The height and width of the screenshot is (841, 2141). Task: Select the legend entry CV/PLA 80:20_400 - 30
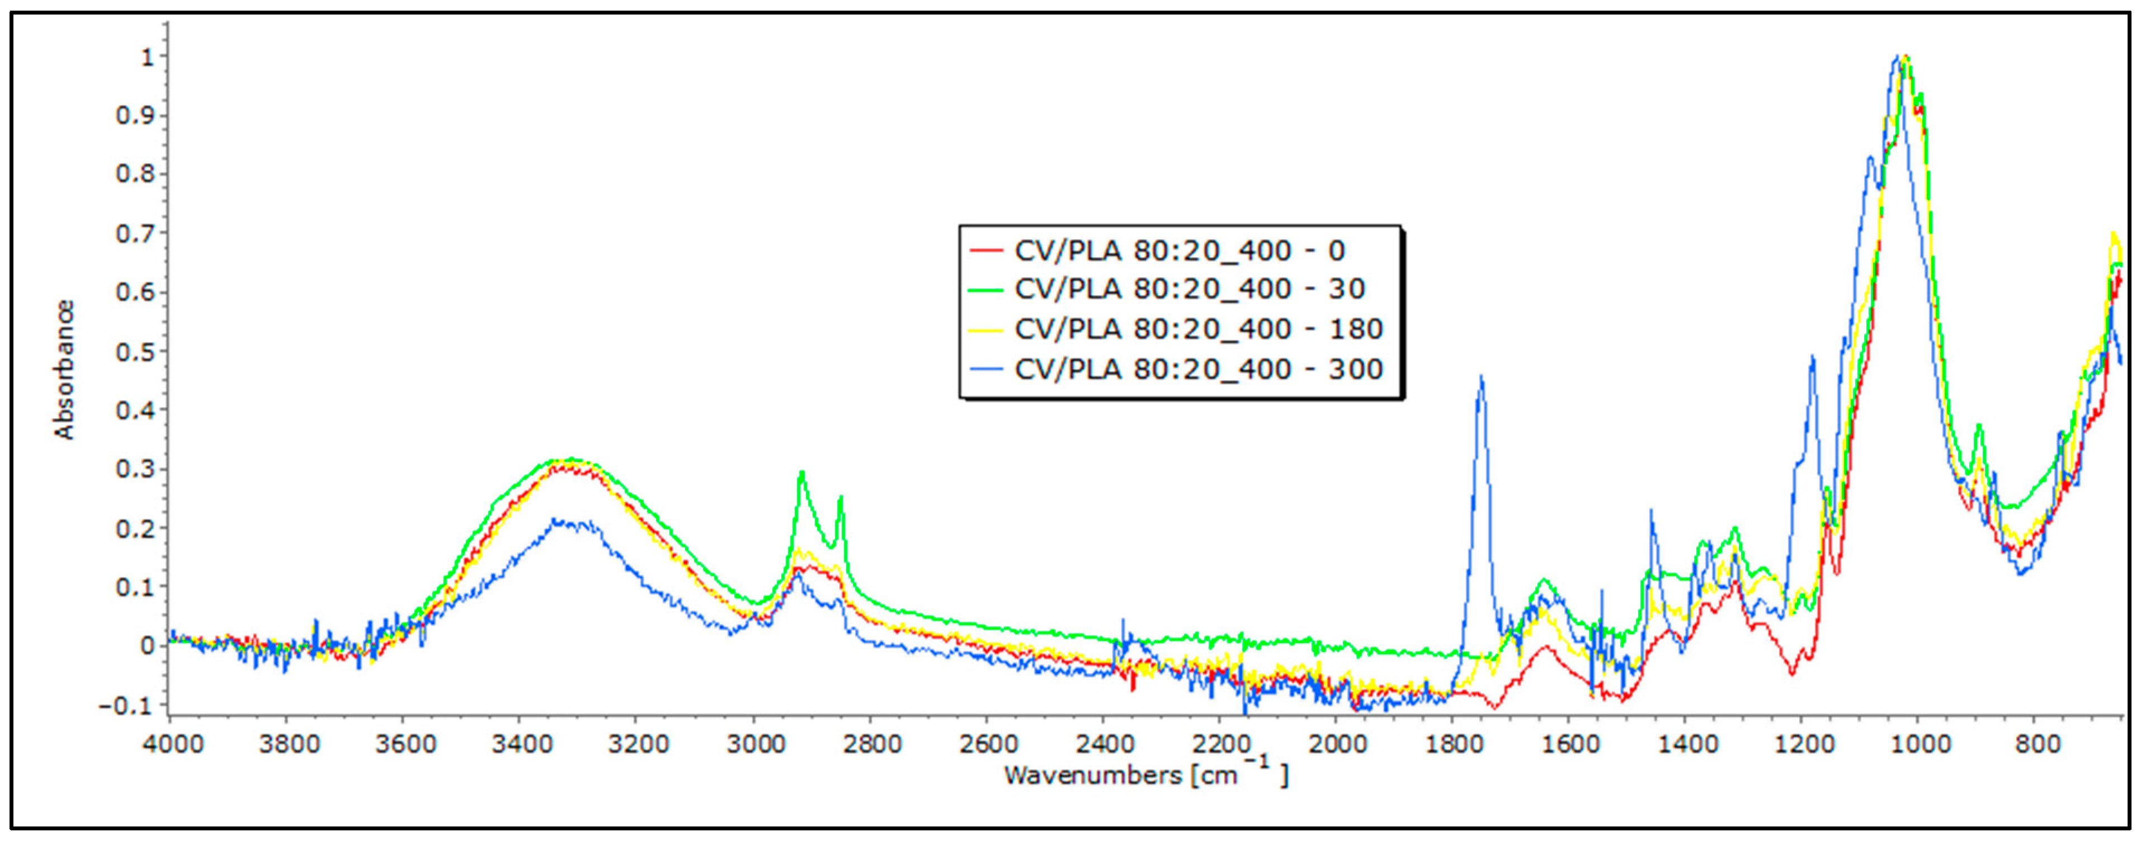tap(1189, 289)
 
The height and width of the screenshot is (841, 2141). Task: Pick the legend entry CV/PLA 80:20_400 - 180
tap(1197, 329)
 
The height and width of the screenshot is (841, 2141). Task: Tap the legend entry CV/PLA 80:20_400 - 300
tap(1197, 369)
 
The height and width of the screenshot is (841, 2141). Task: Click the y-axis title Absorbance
tap(64, 370)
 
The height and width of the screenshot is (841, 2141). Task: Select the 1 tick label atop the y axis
tap(148, 56)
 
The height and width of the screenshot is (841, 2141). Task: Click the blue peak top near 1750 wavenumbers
tap(1481, 377)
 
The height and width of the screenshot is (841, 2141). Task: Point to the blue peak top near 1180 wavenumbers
tap(1813, 357)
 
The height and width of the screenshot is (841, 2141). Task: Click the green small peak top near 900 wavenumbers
tap(1979, 426)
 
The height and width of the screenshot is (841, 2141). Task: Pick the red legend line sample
tap(987, 250)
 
